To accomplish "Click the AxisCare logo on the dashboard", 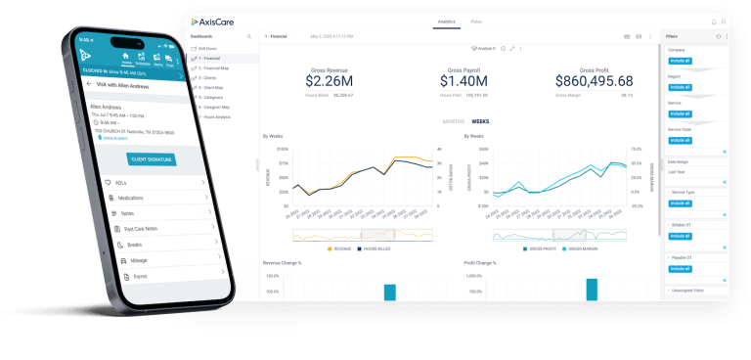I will [x=213, y=21].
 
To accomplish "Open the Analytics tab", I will [x=446, y=21].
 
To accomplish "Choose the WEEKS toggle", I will [x=480, y=121].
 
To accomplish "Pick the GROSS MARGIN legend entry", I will [x=575, y=248].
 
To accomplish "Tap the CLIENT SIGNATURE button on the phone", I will [x=152, y=158].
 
